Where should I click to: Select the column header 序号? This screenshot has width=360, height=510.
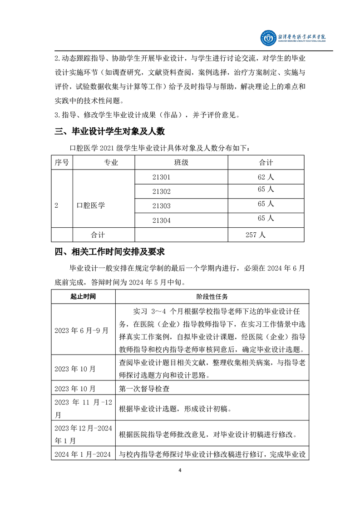[61, 162]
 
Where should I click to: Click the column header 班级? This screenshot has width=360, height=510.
[181, 162]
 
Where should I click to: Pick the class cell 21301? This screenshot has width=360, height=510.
[161, 177]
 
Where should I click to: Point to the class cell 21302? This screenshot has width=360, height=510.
[161, 191]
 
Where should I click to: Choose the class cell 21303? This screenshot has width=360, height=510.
[161, 206]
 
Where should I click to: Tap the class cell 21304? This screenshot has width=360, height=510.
[161, 220]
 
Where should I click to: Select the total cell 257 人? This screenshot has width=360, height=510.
[255, 235]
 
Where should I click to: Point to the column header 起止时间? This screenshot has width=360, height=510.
[83, 296]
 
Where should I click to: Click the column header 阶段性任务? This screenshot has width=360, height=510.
[212, 296]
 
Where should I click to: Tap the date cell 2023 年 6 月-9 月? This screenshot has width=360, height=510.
[82, 330]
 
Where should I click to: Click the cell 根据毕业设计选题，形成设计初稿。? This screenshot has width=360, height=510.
[175, 409]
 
